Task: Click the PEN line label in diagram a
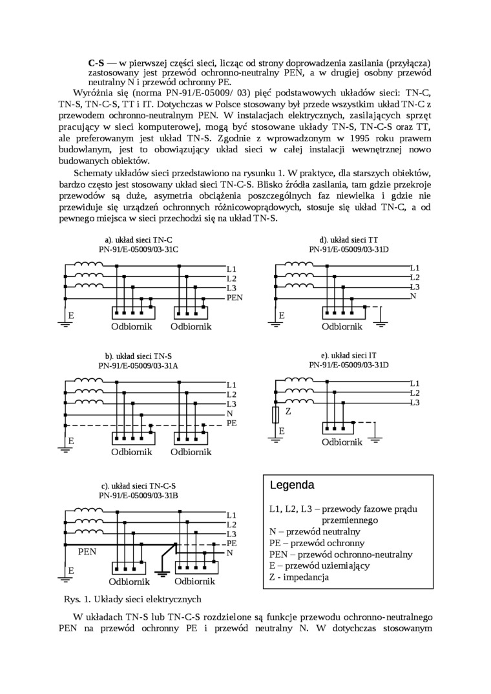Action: [x=235, y=298]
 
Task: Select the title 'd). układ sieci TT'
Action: [x=349, y=240]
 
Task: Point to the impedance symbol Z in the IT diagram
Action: [x=276, y=414]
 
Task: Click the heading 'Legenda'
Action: [x=292, y=485]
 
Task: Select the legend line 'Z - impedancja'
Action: [x=299, y=577]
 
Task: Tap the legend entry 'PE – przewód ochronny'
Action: [x=317, y=543]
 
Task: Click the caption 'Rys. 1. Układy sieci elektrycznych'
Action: [x=133, y=599]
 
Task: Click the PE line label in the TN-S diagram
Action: [x=232, y=423]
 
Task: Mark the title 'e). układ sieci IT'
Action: [x=349, y=355]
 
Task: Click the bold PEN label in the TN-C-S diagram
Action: [x=87, y=552]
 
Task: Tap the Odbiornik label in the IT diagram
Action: [x=342, y=442]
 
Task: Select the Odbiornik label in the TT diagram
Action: [x=342, y=327]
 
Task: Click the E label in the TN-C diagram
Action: [x=71, y=316]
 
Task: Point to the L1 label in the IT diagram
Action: [x=415, y=383]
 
